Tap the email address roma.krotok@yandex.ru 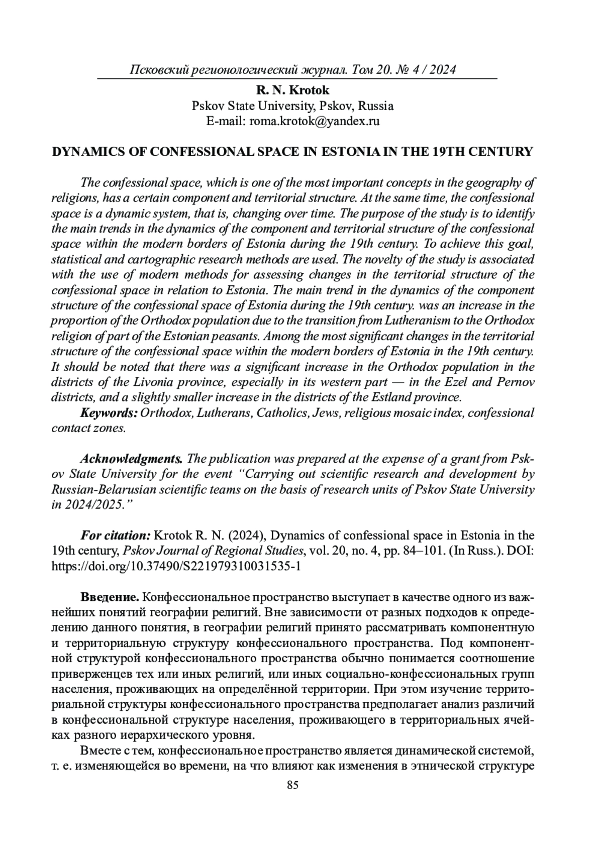(314, 121)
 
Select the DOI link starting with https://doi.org (176, 566)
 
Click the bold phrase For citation (116, 536)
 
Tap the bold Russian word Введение (110, 598)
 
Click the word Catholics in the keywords (281, 413)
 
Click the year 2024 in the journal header (443, 69)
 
